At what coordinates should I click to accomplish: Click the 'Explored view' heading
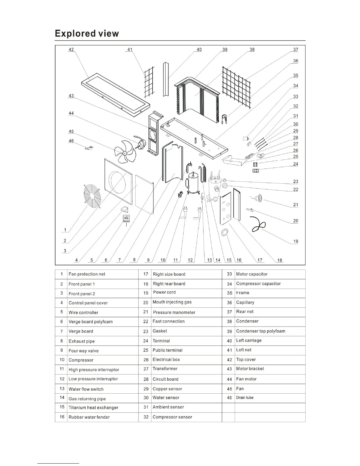(87, 34)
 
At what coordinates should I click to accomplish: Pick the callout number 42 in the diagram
(71, 49)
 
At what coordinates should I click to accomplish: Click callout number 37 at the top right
(296, 49)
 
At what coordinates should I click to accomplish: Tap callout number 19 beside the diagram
(296, 241)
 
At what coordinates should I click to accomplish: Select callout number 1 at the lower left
(65, 230)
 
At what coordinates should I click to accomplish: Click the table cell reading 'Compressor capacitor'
(258, 284)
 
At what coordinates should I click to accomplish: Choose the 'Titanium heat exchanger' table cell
(93, 407)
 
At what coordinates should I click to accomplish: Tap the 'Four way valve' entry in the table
(84, 351)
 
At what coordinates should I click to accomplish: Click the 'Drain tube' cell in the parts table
(245, 398)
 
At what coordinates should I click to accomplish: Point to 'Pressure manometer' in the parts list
(174, 312)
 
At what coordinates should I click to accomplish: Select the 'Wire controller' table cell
(83, 312)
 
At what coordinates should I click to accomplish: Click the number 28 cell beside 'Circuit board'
(146, 379)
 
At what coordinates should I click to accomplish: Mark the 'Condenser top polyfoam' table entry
(261, 331)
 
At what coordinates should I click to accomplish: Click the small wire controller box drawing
(126, 219)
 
